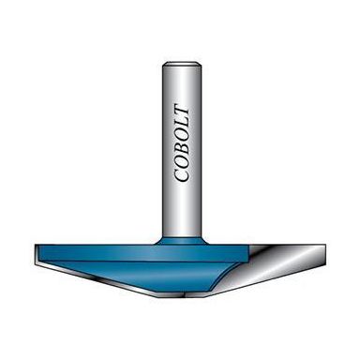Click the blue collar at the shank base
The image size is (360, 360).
(181, 238)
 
